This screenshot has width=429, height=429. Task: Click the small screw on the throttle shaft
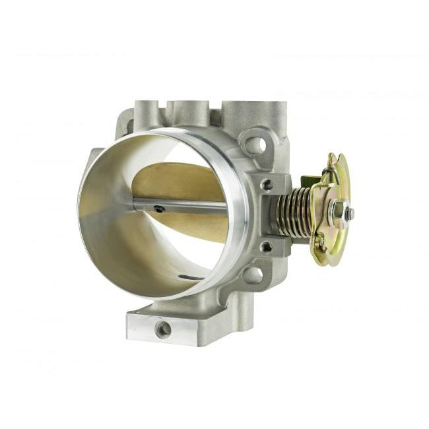coord(159,209)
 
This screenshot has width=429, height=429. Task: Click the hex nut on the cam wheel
coord(337,212)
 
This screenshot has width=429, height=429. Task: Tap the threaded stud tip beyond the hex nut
coord(349,214)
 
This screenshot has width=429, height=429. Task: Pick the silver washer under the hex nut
coord(331,212)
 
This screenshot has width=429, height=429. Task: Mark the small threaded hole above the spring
coord(267,185)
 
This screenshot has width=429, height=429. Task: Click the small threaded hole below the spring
coord(267,247)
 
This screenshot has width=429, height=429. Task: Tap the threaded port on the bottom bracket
coord(162,328)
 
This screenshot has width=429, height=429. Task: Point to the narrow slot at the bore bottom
coord(191,277)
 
